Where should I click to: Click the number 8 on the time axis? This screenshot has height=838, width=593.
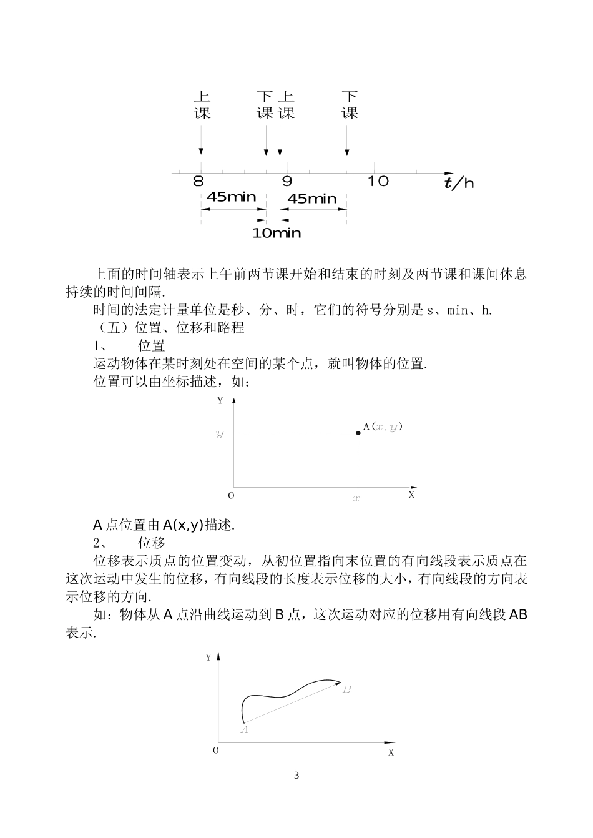pyautogui.click(x=198, y=182)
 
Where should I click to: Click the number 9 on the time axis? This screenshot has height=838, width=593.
pyautogui.click(x=287, y=182)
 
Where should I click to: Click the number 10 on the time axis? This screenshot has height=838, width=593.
pyautogui.click(x=378, y=182)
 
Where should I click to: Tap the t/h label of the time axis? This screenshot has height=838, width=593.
pyautogui.click(x=459, y=182)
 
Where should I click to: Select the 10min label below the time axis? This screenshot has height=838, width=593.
pyautogui.click(x=277, y=234)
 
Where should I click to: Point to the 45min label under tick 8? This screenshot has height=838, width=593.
pyautogui.click(x=231, y=197)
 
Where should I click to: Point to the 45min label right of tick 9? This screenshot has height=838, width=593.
pyautogui.click(x=312, y=199)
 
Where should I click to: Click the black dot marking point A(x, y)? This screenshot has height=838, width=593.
pyautogui.click(x=358, y=433)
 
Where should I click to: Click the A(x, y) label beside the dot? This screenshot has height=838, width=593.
pyautogui.click(x=383, y=426)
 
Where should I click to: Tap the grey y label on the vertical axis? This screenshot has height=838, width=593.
pyautogui.click(x=220, y=433)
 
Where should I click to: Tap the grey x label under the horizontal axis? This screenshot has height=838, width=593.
pyautogui.click(x=357, y=498)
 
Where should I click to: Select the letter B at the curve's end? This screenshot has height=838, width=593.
pyautogui.click(x=347, y=689)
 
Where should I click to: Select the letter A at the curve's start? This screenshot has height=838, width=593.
pyautogui.click(x=245, y=729)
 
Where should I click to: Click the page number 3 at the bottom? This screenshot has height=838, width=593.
pyautogui.click(x=296, y=776)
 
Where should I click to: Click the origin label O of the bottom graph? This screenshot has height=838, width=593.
pyautogui.click(x=216, y=750)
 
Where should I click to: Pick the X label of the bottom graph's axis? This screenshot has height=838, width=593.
pyautogui.click(x=391, y=752)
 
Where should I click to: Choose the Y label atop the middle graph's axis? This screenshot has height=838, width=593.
pyautogui.click(x=220, y=401)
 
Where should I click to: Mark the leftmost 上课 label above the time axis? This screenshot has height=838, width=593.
pyautogui.click(x=202, y=105)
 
